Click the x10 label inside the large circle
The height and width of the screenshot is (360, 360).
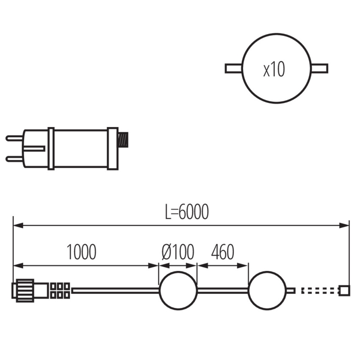click(x=274, y=69)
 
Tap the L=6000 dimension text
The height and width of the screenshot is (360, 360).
click(x=187, y=212)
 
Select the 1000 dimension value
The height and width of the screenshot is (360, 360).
click(x=81, y=252)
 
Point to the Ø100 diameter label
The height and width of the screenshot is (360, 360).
click(x=178, y=252)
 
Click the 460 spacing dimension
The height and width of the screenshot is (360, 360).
click(x=223, y=252)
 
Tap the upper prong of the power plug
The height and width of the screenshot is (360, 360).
click(x=14, y=138)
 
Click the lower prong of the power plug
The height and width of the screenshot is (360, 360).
click(x=14, y=159)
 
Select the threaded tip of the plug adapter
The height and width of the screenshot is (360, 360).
click(x=123, y=140)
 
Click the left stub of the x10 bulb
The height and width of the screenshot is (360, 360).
click(x=233, y=69)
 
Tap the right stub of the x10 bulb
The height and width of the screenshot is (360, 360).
click(x=320, y=69)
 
